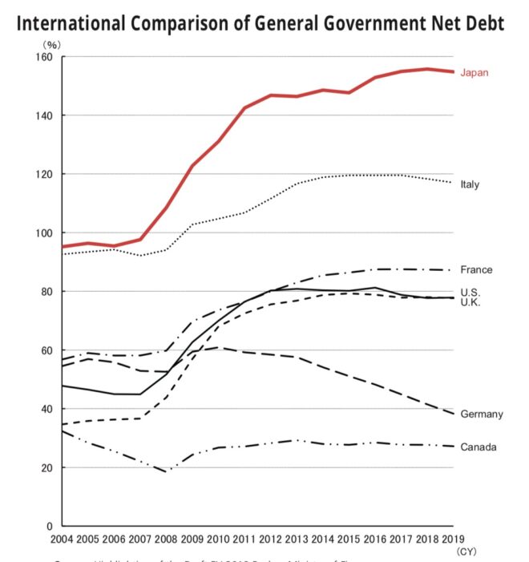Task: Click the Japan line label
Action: tap(474, 72)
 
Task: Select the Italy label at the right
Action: tap(470, 184)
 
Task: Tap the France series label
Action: tap(476, 270)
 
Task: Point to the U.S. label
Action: tap(470, 292)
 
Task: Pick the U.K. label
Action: tap(470, 303)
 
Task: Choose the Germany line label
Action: tap(482, 414)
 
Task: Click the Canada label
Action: tap(478, 447)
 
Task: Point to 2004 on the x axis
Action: tap(62, 539)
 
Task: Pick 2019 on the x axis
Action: tap(454, 539)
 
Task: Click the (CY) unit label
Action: tap(466, 552)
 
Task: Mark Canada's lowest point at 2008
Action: tap(166, 471)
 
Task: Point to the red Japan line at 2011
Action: tap(244, 107)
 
